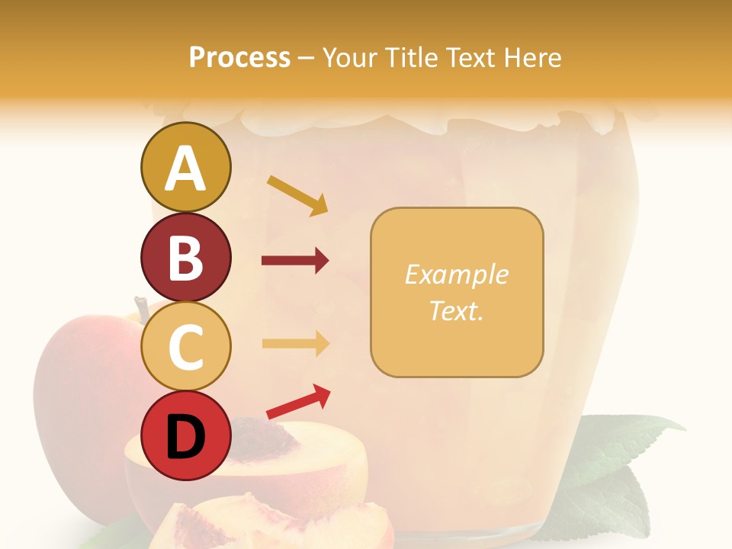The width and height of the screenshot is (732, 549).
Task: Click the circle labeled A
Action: coord(185,167)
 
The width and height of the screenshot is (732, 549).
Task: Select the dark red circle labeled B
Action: coord(185,257)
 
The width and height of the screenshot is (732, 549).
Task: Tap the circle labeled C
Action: coord(185,346)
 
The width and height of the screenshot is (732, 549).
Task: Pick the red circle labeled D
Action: coord(185,435)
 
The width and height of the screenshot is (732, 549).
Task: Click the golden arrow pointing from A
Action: coord(297,194)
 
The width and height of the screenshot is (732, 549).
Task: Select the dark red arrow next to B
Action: coord(295,261)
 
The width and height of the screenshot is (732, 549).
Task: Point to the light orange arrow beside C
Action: coord(295,343)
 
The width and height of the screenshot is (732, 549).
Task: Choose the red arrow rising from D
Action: coord(298,402)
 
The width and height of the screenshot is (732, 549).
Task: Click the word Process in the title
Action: coord(239,57)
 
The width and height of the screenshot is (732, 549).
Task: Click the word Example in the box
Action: coord(456,274)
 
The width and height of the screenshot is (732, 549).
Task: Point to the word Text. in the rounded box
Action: coord(456,310)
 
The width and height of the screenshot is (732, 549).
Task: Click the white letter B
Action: coord(185,257)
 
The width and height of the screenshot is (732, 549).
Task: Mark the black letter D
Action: coord(185,436)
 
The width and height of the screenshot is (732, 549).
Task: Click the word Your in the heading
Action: coord(353,57)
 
